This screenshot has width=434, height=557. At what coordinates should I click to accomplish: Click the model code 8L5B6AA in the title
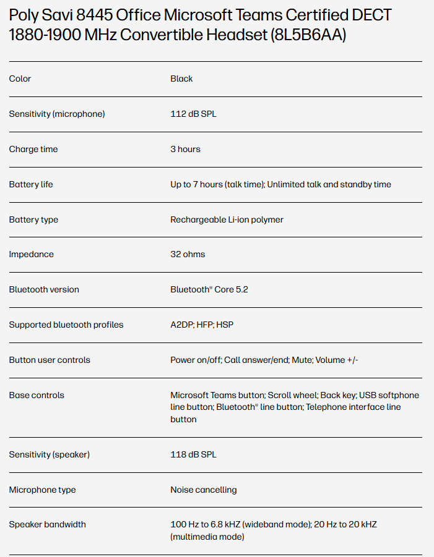pos(308,35)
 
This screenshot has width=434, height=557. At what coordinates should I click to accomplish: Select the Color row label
pos(20,79)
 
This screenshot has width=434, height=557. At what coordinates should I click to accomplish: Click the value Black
pos(181,79)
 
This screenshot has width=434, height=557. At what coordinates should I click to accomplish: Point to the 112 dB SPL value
pos(193,114)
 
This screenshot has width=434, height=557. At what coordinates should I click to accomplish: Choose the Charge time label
pos(33,149)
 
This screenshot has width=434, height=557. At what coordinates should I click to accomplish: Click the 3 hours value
pos(185,149)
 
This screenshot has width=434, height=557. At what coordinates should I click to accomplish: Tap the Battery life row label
pos(30,184)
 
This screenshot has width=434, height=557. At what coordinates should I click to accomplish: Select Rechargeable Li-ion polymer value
pos(227,219)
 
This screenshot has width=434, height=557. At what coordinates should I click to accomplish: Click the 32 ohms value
pos(188,254)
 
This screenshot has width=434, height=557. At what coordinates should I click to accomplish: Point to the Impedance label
pos(31,254)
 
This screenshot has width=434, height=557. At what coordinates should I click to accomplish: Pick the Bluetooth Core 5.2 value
pos(209,289)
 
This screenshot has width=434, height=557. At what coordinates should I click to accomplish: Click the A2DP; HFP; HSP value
pos(202,325)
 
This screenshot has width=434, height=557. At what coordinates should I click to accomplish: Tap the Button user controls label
pos(50,360)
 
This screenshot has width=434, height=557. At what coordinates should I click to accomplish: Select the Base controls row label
pos(37,395)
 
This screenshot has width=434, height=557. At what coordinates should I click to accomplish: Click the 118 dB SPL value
pos(193,454)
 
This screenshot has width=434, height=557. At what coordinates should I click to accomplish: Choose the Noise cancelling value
pos(203,490)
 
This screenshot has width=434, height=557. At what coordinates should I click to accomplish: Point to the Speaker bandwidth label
pos(47,524)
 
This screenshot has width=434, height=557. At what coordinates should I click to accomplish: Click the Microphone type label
pos(42,490)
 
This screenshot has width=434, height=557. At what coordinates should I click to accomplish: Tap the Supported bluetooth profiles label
pos(66,325)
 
